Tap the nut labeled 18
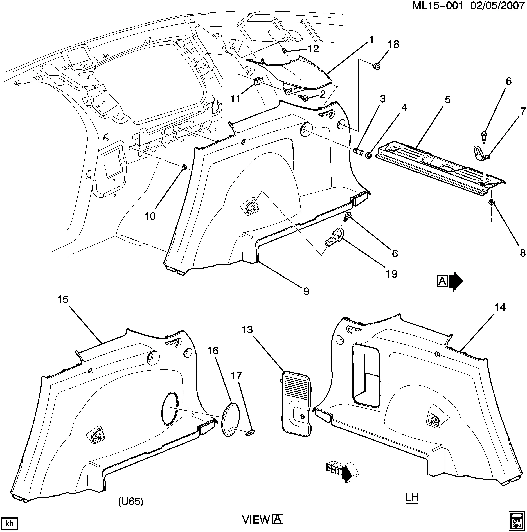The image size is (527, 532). coord(376,66)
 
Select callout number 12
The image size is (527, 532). coord(313,49)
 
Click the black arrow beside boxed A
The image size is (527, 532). coord(456,281)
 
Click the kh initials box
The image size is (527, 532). coord(9,523)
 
